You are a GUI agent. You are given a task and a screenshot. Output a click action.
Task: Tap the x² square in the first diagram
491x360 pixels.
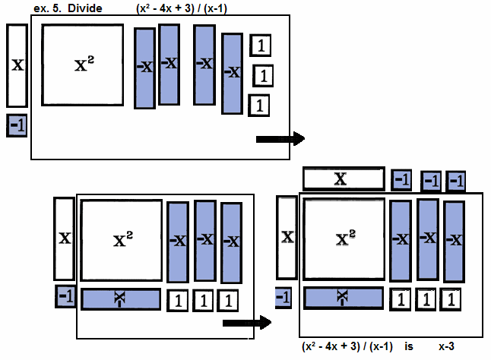(x=82, y=65)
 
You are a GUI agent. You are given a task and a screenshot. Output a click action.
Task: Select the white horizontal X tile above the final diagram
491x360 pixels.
(x=343, y=179)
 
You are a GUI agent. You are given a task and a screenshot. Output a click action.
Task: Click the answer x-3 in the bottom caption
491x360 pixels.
(x=447, y=346)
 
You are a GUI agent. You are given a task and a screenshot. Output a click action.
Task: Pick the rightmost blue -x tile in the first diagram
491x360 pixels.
(x=233, y=73)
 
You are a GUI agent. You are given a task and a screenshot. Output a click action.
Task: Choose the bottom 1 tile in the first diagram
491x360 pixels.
(x=259, y=104)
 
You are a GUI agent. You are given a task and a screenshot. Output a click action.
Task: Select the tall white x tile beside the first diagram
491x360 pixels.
(x=16, y=65)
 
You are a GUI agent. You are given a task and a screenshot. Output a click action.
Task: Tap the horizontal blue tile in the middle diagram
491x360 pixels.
(x=122, y=299)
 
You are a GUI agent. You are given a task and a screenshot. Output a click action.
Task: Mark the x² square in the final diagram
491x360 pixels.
(x=343, y=239)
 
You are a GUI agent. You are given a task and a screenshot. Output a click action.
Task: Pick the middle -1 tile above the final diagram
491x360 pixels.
(x=431, y=180)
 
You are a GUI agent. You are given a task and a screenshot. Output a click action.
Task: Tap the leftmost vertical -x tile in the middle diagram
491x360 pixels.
(x=177, y=242)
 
